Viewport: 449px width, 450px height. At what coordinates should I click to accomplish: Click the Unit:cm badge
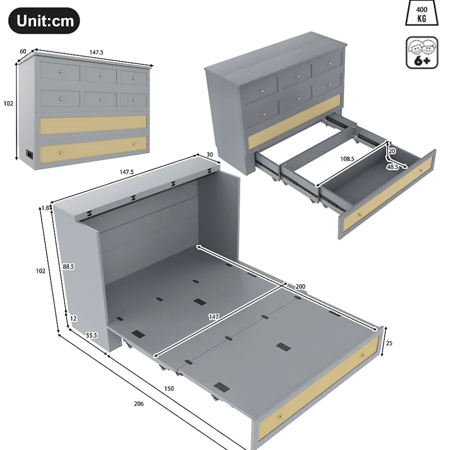click(x=44, y=21)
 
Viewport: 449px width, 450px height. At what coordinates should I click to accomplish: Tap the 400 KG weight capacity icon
click(x=422, y=13)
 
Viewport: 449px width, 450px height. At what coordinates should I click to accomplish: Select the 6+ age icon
click(x=422, y=52)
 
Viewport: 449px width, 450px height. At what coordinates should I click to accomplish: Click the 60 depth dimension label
click(x=23, y=51)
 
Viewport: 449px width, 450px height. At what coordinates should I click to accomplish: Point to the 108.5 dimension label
click(x=347, y=158)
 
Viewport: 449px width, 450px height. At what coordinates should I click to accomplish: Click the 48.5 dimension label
click(x=393, y=167)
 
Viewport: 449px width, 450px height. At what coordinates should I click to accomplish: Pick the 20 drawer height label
click(x=392, y=151)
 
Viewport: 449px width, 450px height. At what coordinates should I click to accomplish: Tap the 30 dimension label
click(x=210, y=155)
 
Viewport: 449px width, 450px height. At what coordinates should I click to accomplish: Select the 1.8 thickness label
click(x=45, y=208)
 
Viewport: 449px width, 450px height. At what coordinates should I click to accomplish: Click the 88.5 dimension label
click(x=68, y=266)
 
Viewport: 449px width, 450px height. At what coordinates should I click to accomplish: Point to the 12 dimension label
click(x=73, y=318)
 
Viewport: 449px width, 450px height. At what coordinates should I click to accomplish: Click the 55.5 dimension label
click(x=92, y=335)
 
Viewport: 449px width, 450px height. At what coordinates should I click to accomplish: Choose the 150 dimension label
click(x=169, y=388)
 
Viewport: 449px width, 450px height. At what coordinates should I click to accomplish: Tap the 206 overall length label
click(x=139, y=404)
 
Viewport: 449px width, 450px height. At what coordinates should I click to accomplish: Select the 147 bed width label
click(x=214, y=317)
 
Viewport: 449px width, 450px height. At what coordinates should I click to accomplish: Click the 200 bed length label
click(x=300, y=286)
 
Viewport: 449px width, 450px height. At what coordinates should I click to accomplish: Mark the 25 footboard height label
click(x=389, y=343)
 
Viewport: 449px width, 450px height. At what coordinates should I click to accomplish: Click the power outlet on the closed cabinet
click(x=29, y=153)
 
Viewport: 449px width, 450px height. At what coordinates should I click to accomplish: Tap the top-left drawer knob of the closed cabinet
click(x=61, y=71)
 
